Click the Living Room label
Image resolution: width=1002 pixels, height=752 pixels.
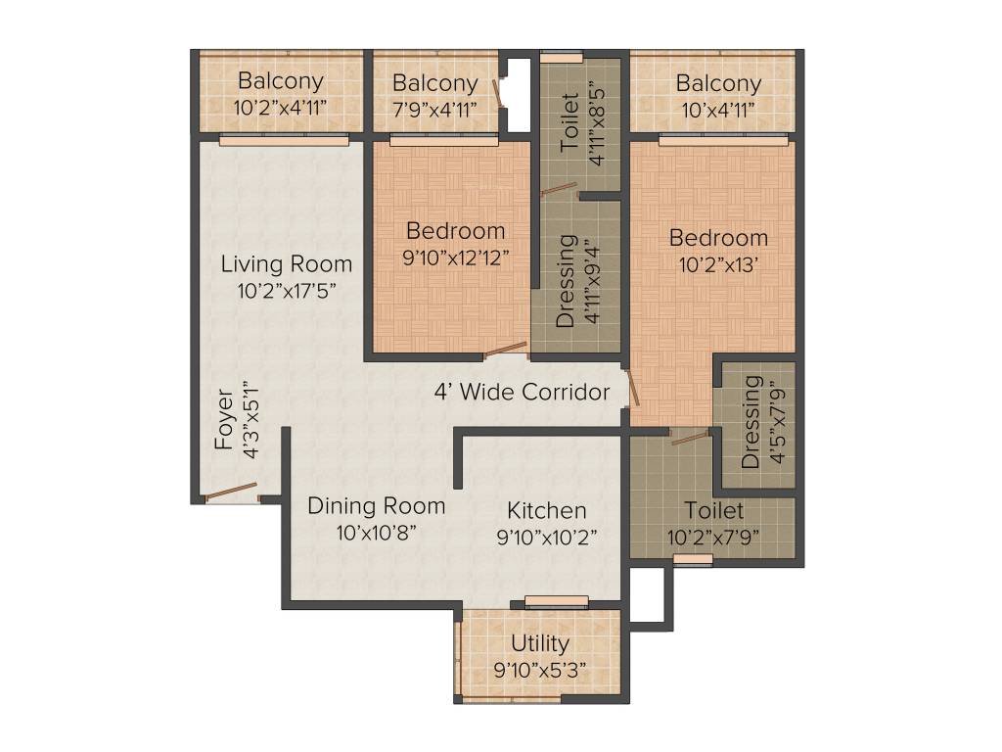(x=287, y=263)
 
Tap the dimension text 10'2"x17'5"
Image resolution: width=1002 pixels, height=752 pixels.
(x=287, y=291)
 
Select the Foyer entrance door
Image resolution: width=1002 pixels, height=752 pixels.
(x=231, y=492)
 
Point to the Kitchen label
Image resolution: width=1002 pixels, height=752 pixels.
(x=546, y=510)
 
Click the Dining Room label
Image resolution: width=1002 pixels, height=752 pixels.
(x=377, y=506)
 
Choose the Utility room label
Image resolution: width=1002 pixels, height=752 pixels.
(x=540, y=643)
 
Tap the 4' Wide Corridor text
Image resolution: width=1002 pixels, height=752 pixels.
(x=523, y=392)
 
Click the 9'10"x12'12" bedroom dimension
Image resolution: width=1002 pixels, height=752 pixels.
(x=456, y=258)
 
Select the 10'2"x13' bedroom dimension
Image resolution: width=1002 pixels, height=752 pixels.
(x=718, y=264)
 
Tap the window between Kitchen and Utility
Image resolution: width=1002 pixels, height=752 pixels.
(x=556, y=601)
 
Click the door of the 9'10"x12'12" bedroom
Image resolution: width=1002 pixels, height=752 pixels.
(x=506, y=350)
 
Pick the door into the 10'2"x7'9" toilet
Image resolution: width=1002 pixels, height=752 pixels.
(x=691, y=438)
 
